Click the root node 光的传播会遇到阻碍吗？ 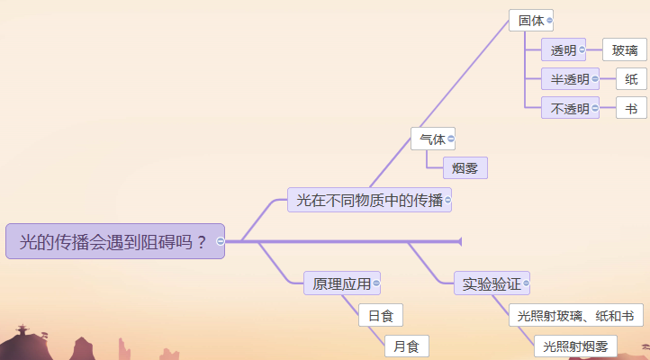point(115,241)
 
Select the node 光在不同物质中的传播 point(369,200)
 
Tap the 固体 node point(531,21)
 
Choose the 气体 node point(433,139)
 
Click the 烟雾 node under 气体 point(465,168)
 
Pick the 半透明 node point(570,79)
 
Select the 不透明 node point(570,109)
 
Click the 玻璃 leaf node point(625,50)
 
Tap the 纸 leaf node point(631,79)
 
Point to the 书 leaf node point(631,109)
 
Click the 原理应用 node point(342,283)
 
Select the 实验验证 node point(492,283)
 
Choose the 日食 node point(381,316)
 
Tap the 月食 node point(407,346)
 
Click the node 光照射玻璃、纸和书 point(576,316)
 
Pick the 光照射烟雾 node point(576,346)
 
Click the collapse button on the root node point(221,241)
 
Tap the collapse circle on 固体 point(549,21)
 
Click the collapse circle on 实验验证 point(526,283)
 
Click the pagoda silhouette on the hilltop point(23,330)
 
